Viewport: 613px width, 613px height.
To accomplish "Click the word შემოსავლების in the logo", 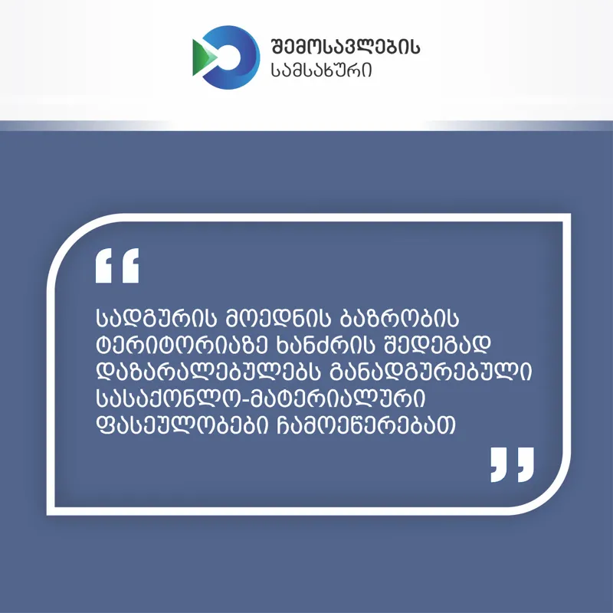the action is pos(346,47).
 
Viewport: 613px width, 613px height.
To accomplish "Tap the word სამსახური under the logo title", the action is pos(321,70).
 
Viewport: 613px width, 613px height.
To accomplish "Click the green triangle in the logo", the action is pos(204,57).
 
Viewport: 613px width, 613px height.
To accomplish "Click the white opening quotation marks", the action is pos(117,265).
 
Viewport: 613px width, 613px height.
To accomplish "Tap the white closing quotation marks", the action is pos(512,465).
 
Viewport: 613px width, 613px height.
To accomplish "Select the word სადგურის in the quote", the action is pos(156,318).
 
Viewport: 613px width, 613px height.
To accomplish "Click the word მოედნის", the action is pos(279,318).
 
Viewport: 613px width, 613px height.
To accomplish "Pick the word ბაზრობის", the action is pos(399,318).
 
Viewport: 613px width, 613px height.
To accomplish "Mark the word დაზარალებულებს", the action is pos(208,371).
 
